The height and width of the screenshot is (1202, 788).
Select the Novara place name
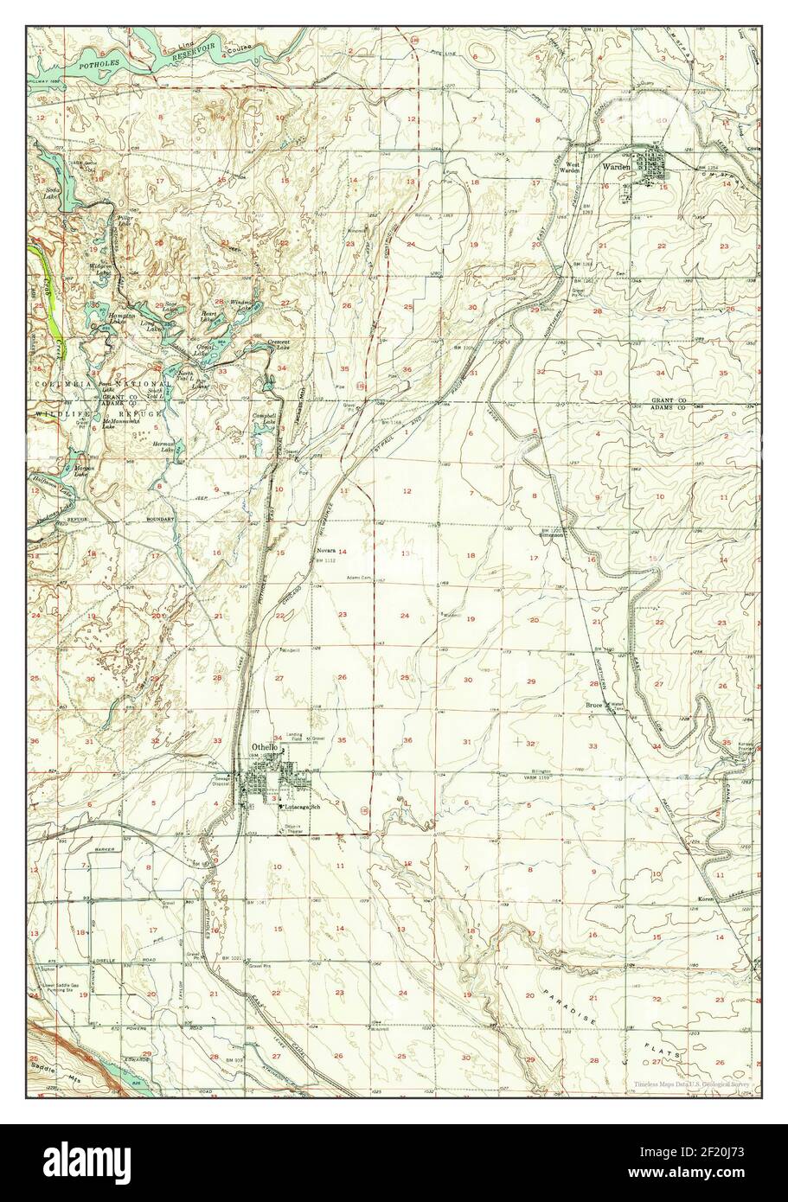pos(325,550)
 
